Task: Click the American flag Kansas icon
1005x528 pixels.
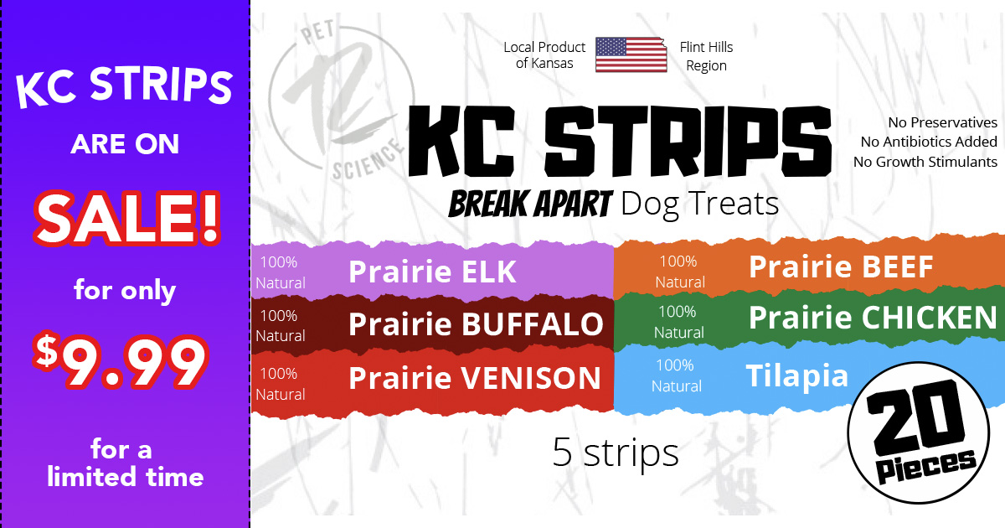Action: (631, 54)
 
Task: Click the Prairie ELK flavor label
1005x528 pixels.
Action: (432, 272)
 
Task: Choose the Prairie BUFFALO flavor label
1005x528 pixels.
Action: (475, 324)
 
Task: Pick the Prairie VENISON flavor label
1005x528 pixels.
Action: (474, 378)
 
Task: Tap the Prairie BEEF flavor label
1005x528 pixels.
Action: (840, 267)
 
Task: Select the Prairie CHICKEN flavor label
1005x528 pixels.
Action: (873, 318)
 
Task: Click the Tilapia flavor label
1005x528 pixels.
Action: (796, 375)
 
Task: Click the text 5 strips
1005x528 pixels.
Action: (616, 453)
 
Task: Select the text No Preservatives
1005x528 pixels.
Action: (942, 123)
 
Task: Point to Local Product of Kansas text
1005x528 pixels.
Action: (544, 55)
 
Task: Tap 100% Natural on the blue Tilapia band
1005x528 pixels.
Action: (676, 375)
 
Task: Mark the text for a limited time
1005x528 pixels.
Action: (125, 463)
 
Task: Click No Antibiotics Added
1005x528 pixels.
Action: (929, 142)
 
